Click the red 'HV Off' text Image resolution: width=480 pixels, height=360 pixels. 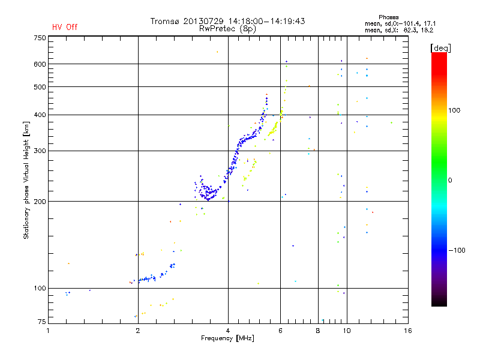coord(65,27)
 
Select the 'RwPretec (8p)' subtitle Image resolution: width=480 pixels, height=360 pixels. coord(227,28)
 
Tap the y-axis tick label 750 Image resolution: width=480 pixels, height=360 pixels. coord(40,38)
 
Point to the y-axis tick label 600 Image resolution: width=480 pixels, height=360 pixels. coord(40,64)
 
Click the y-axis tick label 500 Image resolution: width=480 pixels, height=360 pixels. coord(40,87)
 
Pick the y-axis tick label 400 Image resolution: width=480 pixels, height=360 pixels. coord(40,115)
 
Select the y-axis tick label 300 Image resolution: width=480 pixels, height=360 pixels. coord(40,151)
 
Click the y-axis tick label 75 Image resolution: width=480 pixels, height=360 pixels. coord(41,323)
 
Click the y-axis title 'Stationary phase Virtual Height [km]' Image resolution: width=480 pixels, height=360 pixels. coord(26,180)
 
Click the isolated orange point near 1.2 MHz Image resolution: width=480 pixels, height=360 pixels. coord(69,263)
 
